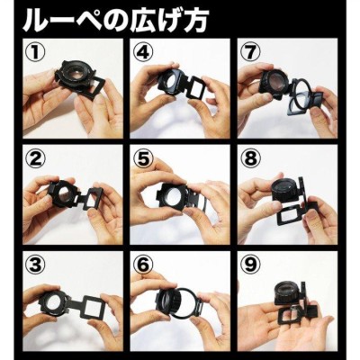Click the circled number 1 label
(36, 51)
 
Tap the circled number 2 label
(36, 158)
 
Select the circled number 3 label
(36, 265)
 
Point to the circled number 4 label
(143, 51)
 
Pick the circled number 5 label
(143, 158)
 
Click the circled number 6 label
(143, 265)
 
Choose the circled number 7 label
(250, 51)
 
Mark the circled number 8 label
(250, 158)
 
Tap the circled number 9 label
(250, 265)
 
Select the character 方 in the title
(195, 20)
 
